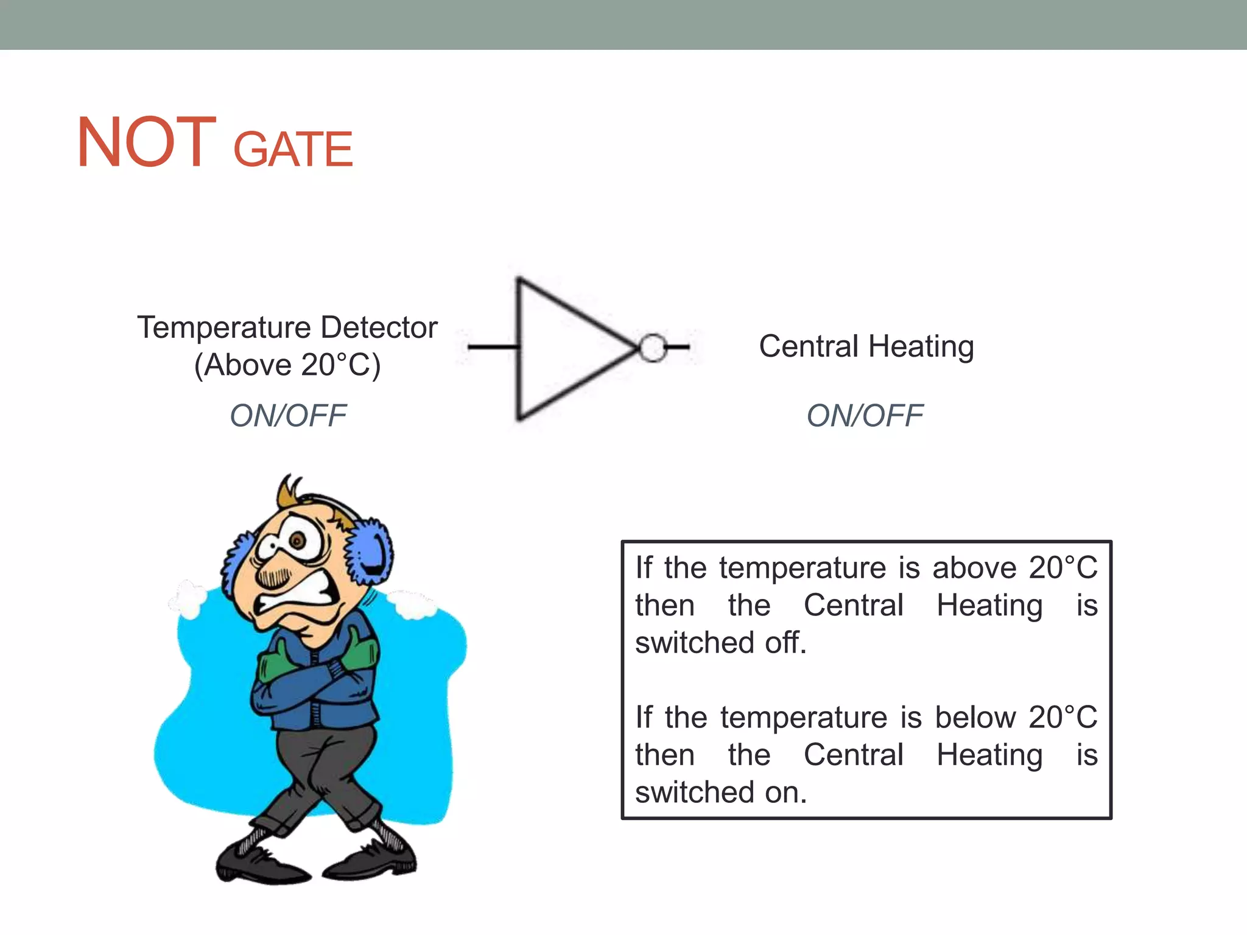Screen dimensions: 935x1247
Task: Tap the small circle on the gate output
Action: pos(653,348)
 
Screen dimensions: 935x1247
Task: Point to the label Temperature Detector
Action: pos(287,327)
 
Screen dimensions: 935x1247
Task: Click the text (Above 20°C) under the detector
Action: pos(287,365)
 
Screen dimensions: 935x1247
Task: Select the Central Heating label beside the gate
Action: pos(866,346)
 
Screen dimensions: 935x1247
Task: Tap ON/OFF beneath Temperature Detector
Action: pos(287,416)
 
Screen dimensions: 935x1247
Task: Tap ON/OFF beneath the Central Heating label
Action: pos(865,416)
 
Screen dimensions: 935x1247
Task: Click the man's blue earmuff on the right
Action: pos(370,551)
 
